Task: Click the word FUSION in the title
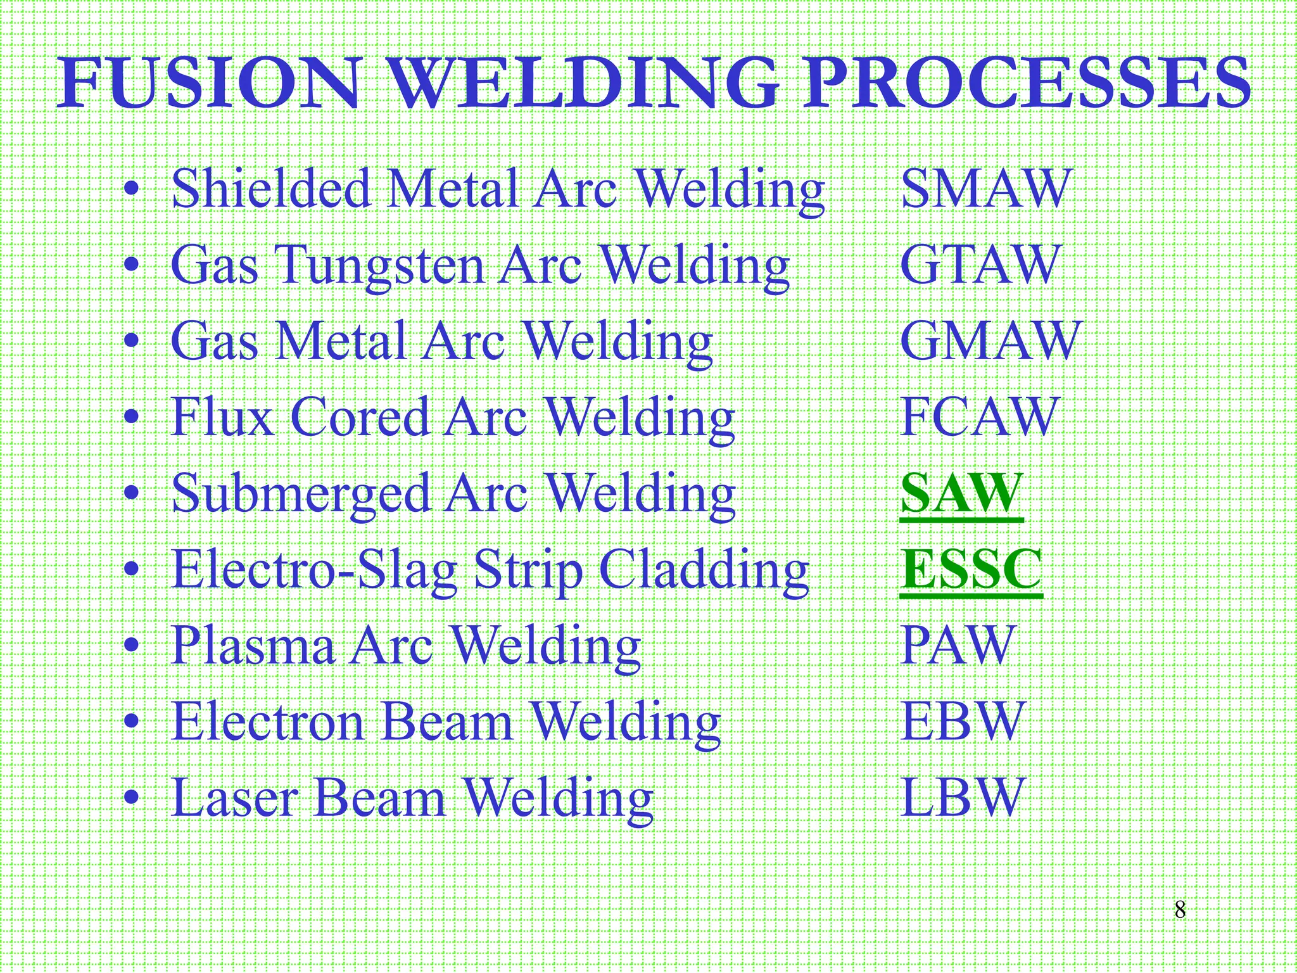210,84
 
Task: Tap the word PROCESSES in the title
1025,84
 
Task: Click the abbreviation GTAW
979,265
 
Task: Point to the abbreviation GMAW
990,341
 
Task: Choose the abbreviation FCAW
978,417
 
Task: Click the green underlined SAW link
961,493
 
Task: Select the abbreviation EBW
961,722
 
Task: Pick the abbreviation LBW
961,798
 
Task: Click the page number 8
1180,910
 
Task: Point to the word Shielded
271,189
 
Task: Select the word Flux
222,417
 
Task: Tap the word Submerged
301,495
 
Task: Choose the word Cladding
704,570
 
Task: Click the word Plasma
253,645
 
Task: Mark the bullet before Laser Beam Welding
131,798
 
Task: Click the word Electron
269,722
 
